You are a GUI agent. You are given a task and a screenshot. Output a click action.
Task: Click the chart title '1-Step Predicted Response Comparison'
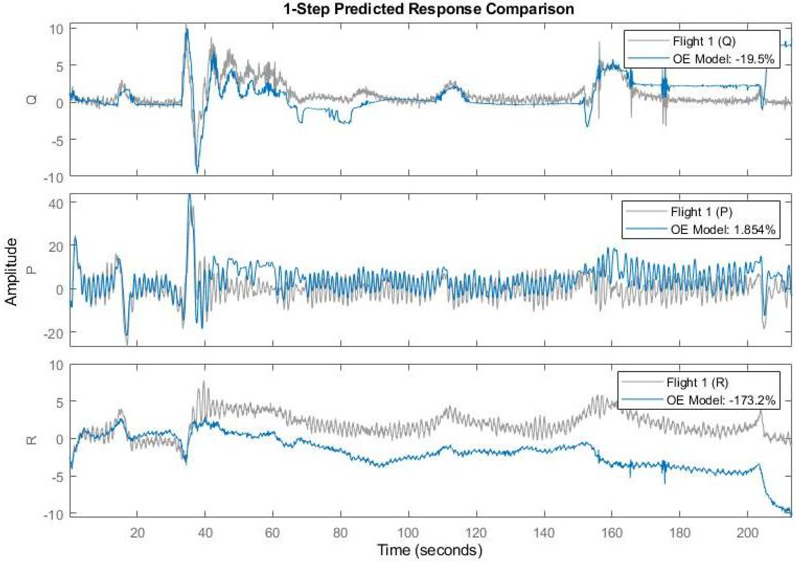pos(429,9)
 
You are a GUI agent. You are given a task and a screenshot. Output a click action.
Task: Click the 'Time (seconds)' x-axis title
pos(429,550)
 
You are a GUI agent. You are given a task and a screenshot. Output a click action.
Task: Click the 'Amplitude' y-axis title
pos(11,271)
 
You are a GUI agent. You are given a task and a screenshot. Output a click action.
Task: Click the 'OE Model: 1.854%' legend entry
pos(723,230)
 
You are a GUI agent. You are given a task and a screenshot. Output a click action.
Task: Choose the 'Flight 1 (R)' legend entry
pos(697,382)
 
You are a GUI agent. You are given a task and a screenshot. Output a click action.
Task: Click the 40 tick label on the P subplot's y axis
pos(55,204)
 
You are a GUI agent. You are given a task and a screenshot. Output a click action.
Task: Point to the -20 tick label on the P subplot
pos(53,334)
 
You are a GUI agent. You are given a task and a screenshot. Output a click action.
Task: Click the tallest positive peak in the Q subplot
pos(186,27)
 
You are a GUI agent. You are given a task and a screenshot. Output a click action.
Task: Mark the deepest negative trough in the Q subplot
pos(197,172)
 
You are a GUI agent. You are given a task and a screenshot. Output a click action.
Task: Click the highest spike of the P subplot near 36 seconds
pos(189,195)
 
